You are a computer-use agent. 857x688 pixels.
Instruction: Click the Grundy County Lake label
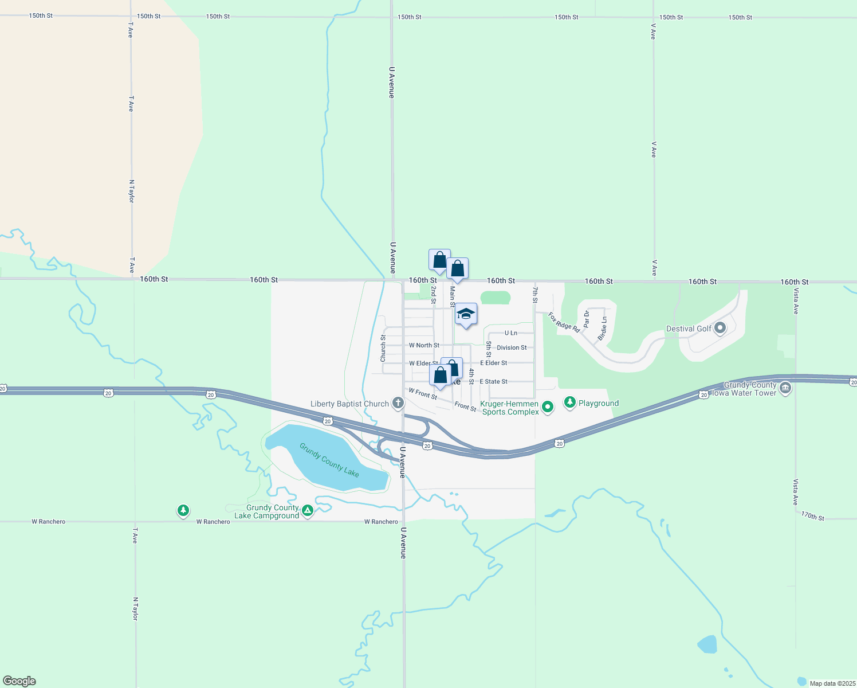(329, 460)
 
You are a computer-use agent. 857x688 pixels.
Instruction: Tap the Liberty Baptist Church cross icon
(398, 403)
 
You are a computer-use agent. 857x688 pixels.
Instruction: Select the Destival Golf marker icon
(720, 329)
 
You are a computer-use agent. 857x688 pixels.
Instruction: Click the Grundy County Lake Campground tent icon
(308, 510)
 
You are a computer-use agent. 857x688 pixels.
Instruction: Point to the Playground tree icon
(569, 402)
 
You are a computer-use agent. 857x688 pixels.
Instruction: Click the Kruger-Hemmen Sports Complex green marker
(548, 407)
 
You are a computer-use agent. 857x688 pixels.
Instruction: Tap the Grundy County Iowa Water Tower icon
(785, 388)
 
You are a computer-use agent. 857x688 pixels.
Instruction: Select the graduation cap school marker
(466, 314)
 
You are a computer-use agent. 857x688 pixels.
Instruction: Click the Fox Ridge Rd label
(564, 322)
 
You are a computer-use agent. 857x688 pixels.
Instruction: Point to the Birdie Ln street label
(602, 329)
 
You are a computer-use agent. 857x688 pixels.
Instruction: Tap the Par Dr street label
(587, 319)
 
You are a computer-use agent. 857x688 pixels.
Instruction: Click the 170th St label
(812, 516)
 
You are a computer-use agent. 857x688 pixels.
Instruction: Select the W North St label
(424, 345)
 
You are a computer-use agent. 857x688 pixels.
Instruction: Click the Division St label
(512, 347)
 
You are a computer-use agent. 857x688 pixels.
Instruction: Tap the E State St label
(493, 381)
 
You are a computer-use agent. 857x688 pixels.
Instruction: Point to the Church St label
(383, 349)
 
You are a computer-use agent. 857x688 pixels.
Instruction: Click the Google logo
(19, 681)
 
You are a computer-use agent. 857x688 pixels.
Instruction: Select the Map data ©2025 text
(831, 683)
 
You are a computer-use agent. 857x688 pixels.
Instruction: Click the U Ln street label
(510, 333)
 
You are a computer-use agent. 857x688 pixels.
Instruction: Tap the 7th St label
(535, 295)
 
